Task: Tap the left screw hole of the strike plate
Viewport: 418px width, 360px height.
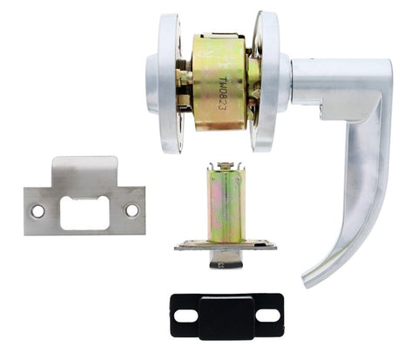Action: click(37, 210)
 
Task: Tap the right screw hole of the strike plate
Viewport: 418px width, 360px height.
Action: click(131, 210)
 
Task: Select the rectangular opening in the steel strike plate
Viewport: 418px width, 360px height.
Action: click(84, 212)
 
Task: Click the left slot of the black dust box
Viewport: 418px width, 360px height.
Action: click(185, 315)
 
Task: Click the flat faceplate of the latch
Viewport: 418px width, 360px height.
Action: click(226, 246)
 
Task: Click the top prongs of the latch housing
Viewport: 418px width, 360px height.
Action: click(226, 166)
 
